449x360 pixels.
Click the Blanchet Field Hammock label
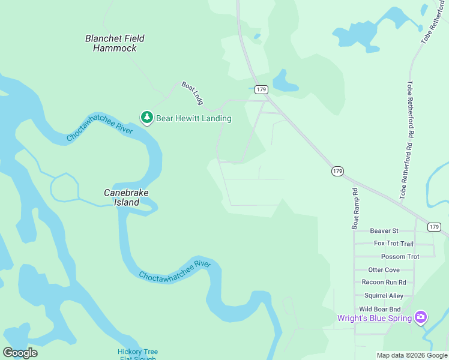point(115,43)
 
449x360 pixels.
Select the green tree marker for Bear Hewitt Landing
point(146,118)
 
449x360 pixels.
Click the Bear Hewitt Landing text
point(193,118)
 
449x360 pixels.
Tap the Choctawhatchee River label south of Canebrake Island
point(175,271)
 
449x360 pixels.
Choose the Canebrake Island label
point(127,197)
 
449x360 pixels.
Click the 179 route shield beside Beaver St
point(434,227)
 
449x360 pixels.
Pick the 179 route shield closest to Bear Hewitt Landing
point(261,89)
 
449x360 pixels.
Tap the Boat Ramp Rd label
point(355,208)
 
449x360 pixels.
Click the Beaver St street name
point(384,230)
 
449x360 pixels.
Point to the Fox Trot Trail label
point(393,244)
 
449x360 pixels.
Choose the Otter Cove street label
point(384,270)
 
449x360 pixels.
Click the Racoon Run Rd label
point(384,282)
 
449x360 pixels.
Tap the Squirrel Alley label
point(384,295)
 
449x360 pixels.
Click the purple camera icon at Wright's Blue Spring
point(421,317)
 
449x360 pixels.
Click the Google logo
point(20,353)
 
